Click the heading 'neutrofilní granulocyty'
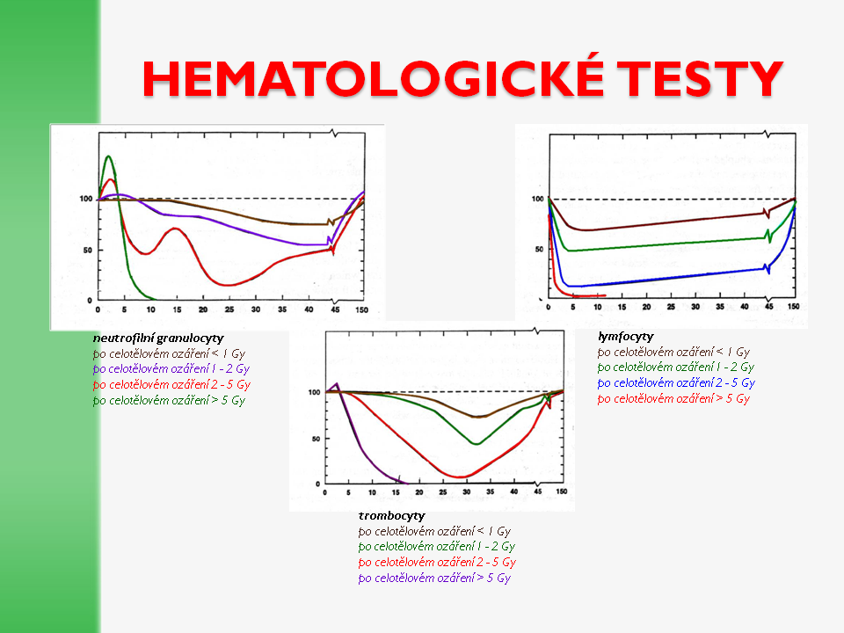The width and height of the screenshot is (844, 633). [158, 338]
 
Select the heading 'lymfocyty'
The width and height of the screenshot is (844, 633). [625, 336]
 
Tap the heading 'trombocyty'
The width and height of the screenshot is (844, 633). [391, 515]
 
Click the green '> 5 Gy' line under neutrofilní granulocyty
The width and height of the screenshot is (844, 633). [169, 400]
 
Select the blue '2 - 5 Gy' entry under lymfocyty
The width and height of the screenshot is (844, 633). [676, 382]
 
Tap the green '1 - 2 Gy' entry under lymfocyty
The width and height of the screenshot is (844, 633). [676, 367]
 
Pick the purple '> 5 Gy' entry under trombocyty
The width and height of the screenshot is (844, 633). [434, 578]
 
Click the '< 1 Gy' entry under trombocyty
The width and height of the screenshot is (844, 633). [434, 531]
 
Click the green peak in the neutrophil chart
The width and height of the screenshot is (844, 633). [108, 157]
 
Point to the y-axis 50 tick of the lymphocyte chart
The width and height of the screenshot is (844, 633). [536, 250]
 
